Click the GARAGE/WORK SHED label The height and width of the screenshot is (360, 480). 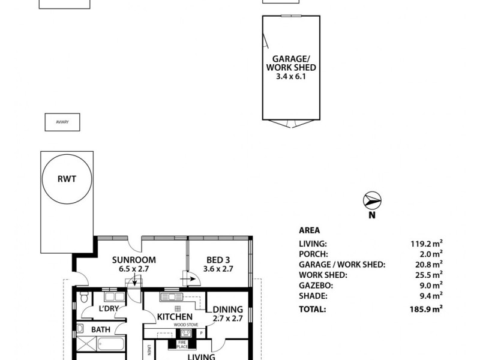click(291, 64)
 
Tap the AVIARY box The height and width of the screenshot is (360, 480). click(62, 122)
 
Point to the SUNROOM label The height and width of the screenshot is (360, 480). click(134, 260)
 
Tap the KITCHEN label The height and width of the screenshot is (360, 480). click(175, 316)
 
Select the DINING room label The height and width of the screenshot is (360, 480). click(228, 310)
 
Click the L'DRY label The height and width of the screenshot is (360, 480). click(108, 310)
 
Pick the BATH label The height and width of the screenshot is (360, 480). click(100, 329)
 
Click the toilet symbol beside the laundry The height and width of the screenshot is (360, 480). click(85, 297)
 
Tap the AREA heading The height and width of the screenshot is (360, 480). click(309, 230)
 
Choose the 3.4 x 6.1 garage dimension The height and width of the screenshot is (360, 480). click(291, 77)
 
